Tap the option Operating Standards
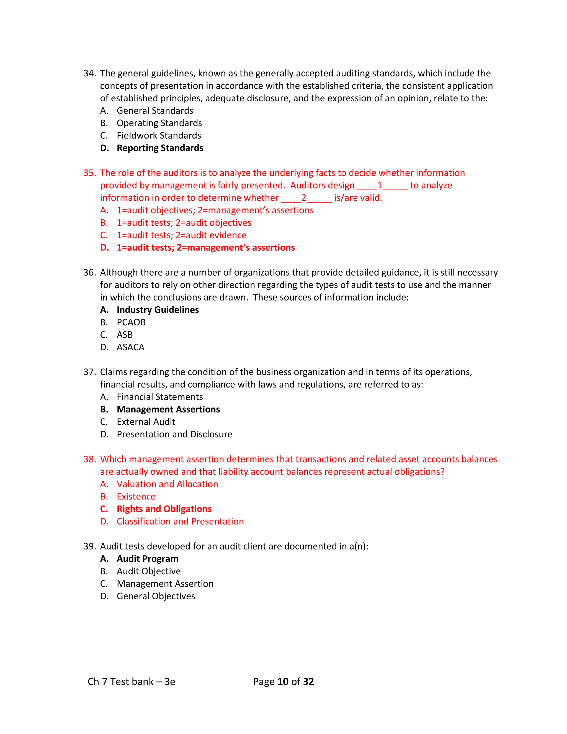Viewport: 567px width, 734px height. point(159,123)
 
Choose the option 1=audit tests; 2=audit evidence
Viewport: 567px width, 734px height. point(181,235)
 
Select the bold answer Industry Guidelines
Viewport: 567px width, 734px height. point(158,310)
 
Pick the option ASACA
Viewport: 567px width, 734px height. point(130,347)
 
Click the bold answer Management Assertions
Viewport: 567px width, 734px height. point(168,409)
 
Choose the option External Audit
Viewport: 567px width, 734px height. point(146,422)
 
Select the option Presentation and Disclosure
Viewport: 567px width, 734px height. point(174,434)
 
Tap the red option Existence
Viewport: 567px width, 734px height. point(136,496)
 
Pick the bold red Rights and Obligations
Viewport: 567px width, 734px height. point(164,509)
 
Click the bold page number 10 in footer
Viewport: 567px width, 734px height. point(283,681)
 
